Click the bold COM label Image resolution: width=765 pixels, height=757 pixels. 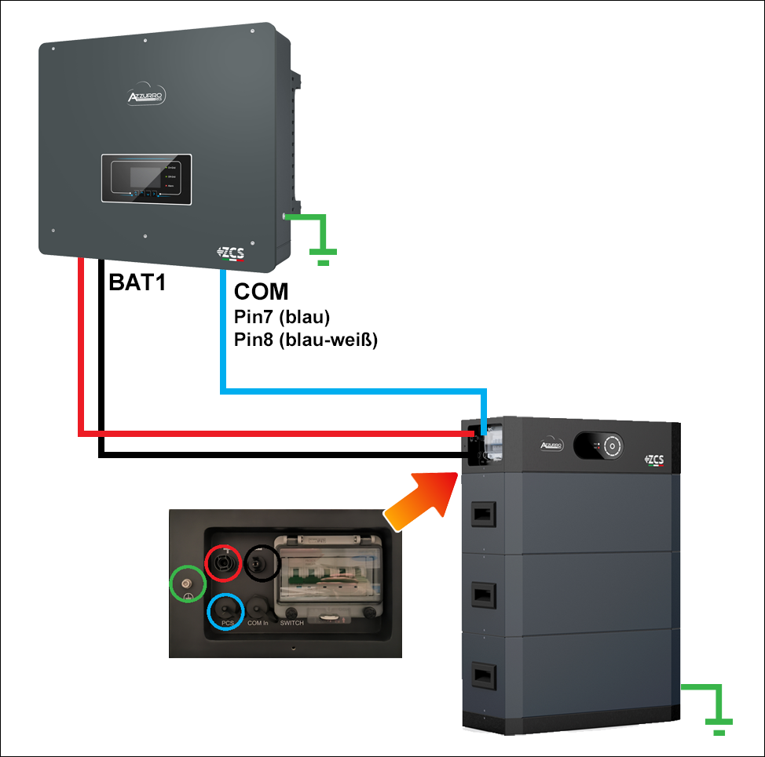[262, 293]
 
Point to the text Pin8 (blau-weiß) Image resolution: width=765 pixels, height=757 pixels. [306, 340]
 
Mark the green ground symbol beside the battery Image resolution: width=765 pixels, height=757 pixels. [712, 710]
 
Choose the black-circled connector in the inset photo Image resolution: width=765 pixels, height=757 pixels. [262, 562]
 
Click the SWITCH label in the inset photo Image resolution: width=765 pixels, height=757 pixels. [292, 623]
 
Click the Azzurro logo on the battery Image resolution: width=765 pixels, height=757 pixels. [554, 445]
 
